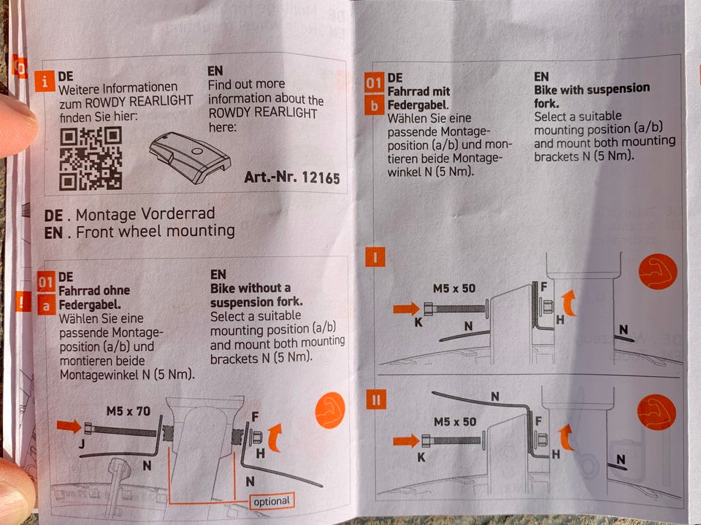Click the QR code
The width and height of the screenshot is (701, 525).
pyautogui.click(x=91, y=158)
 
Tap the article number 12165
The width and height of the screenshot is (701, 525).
pyautogui.click(x=321, y=177)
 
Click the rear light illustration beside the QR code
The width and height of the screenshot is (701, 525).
pyautogui.click(x=190, y=158)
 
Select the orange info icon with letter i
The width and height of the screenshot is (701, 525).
pyautogui.click(x=45, y=81)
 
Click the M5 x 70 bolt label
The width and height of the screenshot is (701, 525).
pyautogui.click(x=129, y=411)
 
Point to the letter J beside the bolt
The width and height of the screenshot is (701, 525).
pyautogui.click(x=82, y=444)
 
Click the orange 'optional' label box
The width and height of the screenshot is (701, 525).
pyautogui.click(x=272, y=502)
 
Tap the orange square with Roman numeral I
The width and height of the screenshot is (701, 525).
pyautogui.click(x=375, y=258)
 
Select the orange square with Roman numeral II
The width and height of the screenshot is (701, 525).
pyautogui.click(x=376, y=400)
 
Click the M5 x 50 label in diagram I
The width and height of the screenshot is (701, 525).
pyautogui.click(x=454, y=288)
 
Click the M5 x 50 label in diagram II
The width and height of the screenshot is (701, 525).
pyautogui.click(x=455, y=422)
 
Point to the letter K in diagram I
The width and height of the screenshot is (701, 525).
pyautogui.click(x=418, y=323)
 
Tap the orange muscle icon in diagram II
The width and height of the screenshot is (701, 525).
pyautogui.click(x=656, y=412)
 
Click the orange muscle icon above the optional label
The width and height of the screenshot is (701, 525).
pyautogui.click(x=330, y=410)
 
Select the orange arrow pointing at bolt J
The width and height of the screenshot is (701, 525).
pyautogui.click(x=69, y=426)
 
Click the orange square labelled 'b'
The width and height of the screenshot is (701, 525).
pyautogui.click(x=374, y=105)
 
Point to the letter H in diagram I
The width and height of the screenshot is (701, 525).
pyautogui.click(x=560, y=320)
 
